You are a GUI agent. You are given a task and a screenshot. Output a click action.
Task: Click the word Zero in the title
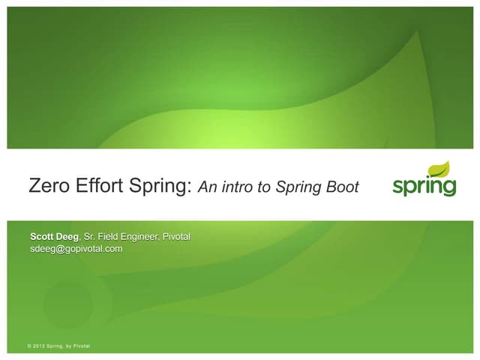tap(46, 185)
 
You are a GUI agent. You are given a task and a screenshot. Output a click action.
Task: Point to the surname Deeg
tap(73, 238)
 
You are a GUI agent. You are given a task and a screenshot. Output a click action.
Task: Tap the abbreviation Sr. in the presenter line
tap(96, 238)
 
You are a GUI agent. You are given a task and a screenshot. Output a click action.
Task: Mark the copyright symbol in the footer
tap(28, 346)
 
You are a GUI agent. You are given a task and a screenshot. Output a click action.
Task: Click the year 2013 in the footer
tap(38, 346)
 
